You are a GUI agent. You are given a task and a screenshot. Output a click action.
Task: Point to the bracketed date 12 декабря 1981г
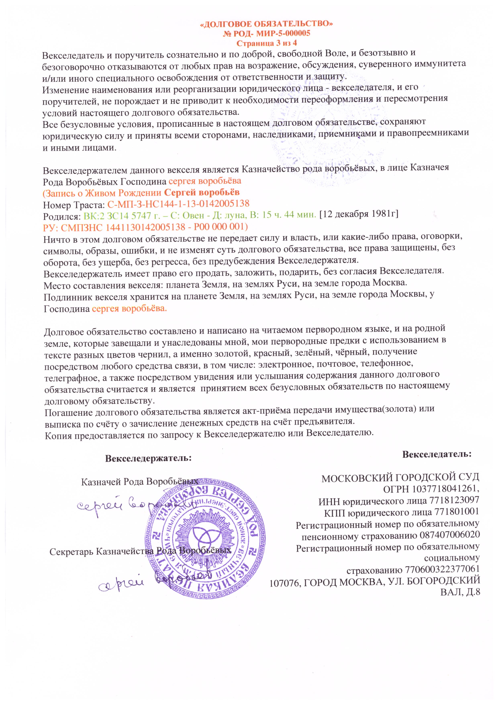pyautogui.click(x=358, y=215)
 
